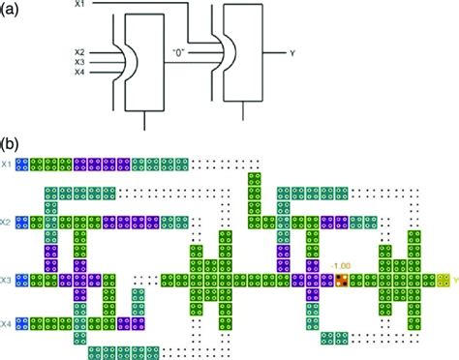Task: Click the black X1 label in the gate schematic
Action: (80, 6)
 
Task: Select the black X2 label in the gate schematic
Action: (80, 51)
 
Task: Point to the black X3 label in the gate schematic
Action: (80, 62)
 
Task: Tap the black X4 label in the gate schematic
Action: (80, 73)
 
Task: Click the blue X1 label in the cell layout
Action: (8, 165)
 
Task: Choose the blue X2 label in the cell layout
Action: (8, 223)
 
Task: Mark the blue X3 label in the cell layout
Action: (8, 281)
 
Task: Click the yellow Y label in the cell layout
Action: (454, 282)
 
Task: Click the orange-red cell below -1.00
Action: (342, 281)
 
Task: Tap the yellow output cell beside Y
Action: (443, 281)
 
